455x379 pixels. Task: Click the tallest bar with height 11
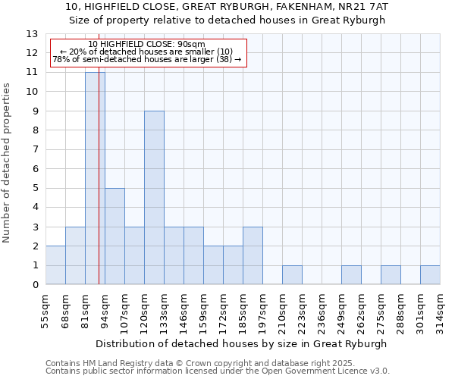click(x=95, y=178)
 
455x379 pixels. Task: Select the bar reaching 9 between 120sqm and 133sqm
click(x=154, y=198)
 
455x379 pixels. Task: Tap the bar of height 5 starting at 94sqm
click(x=115, y=236)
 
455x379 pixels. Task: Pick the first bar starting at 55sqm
click(x=55, y=265)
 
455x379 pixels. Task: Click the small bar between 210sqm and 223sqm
click(x=292, y=275)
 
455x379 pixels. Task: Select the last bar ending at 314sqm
click(x=430, y=275)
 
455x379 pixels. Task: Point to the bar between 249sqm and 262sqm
click(x=351, y=275)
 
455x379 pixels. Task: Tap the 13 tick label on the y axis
click(x=32, y=34)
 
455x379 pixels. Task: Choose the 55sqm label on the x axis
click(x=46, y=310)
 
